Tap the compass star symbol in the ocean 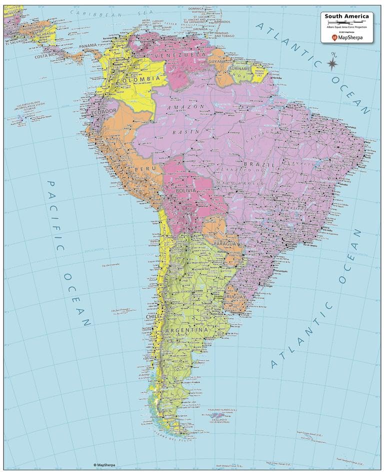pos(331,63)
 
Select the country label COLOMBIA pos(138,79)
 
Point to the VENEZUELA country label pos(179,55)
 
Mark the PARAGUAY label pos(226,243)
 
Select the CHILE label pos(152,317)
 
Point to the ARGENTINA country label pos(188,330)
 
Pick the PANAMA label pos(88,46)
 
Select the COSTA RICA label pos(48,56)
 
